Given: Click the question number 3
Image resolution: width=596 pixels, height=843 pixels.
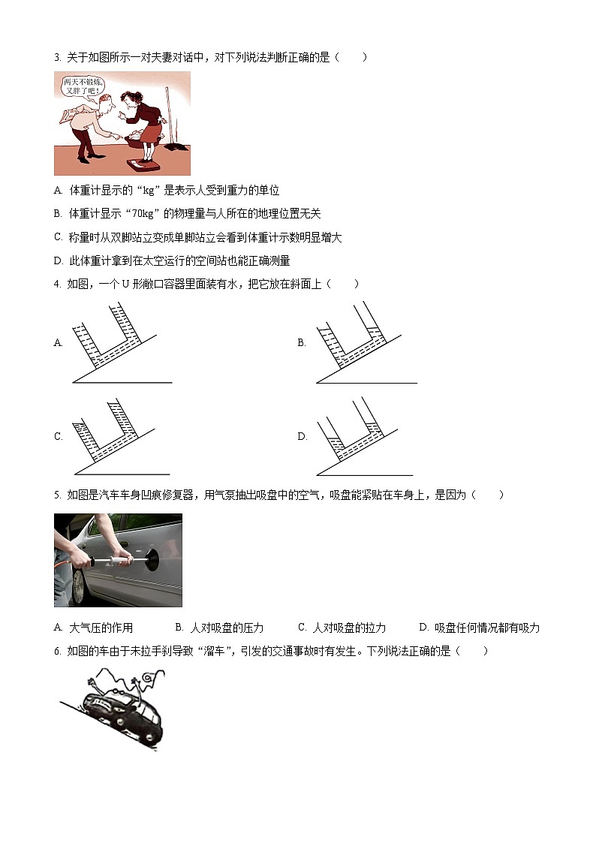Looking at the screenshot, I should pyautogui.click(x=57, y=58).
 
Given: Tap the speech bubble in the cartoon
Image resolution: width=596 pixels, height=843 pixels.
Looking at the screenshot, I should pyautogui.click(x=83, y=86).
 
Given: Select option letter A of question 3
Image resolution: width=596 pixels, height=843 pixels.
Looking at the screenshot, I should pyautogui.click(x=58, y=191).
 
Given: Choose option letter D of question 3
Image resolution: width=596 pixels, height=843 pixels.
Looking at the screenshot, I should pyautogui.click(x=58, y=260).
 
